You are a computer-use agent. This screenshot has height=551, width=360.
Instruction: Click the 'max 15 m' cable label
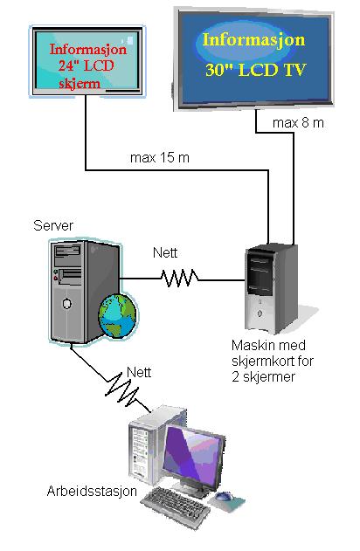point(160,157)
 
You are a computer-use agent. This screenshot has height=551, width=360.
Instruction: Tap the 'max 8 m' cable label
point(298,122)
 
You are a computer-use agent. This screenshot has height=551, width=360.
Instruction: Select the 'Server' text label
point(53,225)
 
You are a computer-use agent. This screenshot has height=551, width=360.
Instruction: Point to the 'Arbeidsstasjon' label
point(92,491)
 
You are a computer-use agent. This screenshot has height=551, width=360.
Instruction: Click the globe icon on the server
point(118,315)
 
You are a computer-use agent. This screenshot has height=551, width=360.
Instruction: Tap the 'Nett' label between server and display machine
point(165,252)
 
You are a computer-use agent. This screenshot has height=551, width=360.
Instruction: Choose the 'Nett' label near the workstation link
point(139,372)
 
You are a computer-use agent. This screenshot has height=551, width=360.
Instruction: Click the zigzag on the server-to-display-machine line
point(179,278)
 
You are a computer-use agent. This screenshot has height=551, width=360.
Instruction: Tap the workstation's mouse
point(224,496)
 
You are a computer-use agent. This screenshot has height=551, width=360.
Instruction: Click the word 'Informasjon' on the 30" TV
point(253,39)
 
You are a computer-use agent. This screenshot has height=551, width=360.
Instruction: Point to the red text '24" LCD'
point(86,65)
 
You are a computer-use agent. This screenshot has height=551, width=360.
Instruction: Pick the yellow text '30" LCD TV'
point(256,70)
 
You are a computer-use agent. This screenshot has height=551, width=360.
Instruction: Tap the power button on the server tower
point(66,303)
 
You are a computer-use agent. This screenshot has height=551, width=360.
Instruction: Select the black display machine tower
point(271,289)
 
